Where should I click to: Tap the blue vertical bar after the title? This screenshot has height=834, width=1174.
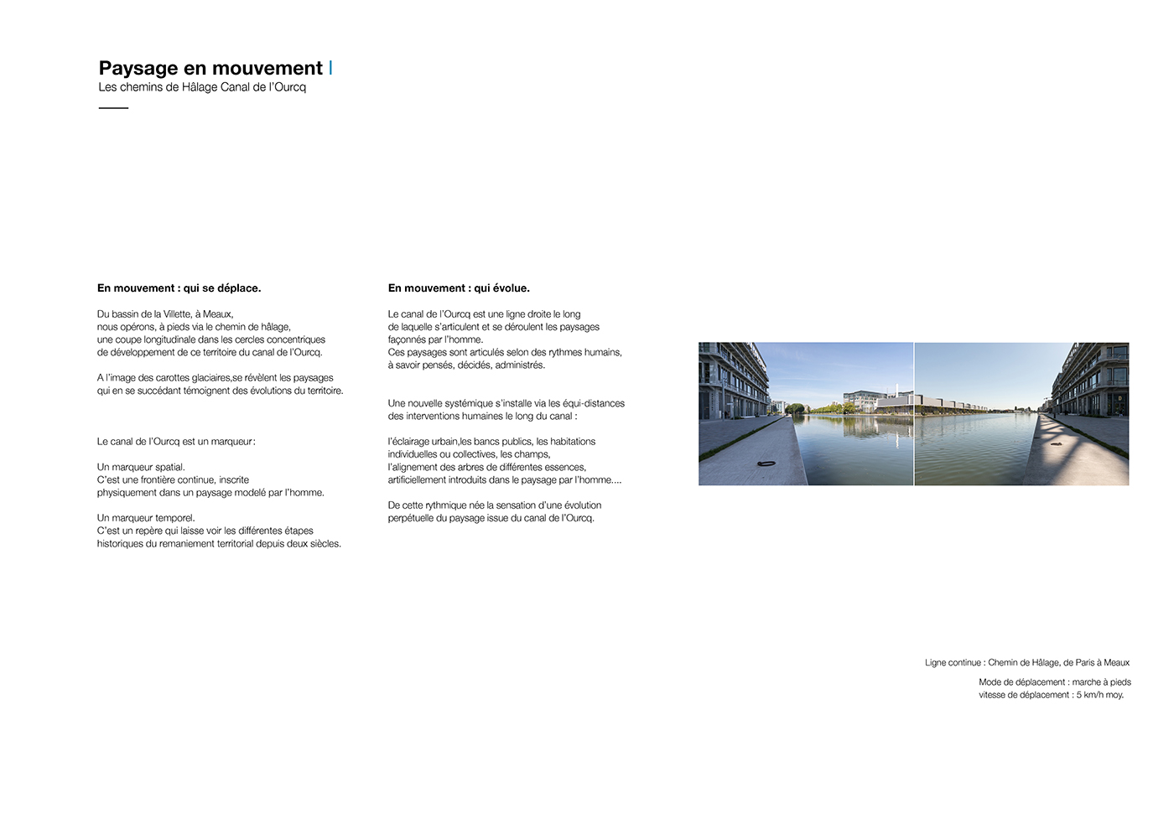[330, 67]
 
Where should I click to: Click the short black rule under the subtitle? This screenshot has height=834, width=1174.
[113, 108]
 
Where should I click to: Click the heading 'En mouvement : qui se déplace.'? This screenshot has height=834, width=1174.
[179, 288]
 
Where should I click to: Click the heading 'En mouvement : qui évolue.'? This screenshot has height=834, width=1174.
[459, 288]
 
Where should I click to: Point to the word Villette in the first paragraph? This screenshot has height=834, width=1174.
[177, 314]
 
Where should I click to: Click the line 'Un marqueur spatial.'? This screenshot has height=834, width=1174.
[141, 468]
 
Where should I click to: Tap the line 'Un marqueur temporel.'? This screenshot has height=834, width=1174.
[146, 518]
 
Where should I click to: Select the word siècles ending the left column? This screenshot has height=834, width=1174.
[324, 544]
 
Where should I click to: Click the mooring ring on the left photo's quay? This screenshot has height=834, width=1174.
[765, 464]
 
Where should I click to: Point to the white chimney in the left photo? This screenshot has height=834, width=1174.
[896, 390]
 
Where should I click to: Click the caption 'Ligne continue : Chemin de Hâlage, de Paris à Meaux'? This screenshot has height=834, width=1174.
[1027, 663]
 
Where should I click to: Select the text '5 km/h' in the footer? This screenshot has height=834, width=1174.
[1091, 695]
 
